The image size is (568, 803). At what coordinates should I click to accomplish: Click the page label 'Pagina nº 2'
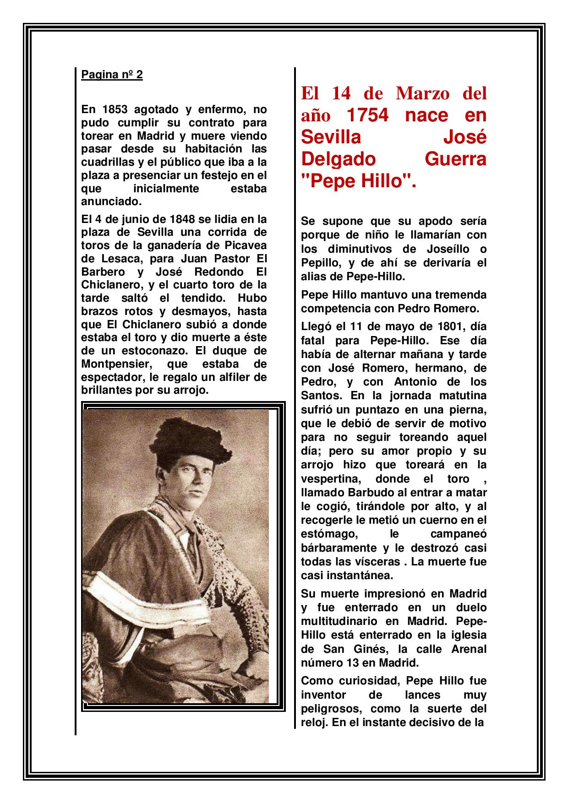pyautogui.click(x=112, y=75)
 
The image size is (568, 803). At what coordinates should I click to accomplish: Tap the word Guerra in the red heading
pyautogui.click(x=455, y=159)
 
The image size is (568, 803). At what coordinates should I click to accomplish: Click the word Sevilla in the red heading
pyautogui.click(x=331, y=137)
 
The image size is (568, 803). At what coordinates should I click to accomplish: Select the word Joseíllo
pyautogui.click(x=439, y=249)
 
